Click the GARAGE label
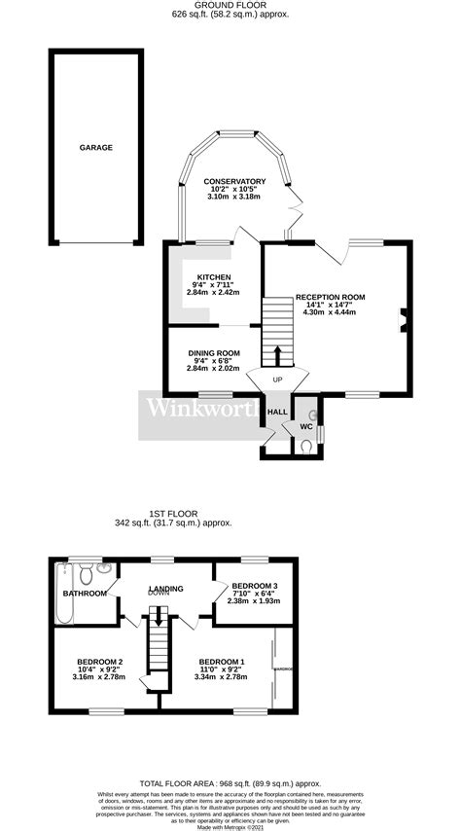(96, 148)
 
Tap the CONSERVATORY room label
(234, 181)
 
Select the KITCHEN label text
(213, 276)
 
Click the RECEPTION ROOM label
(331, 297)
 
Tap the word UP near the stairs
(277, 379)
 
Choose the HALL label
(276, 413)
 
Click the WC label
(305, 426)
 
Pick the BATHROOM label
(85, 593)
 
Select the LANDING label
(166, 588)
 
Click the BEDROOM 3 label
(256, 585)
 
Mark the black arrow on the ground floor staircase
(277, 353)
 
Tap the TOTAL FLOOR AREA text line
(230, 783)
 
